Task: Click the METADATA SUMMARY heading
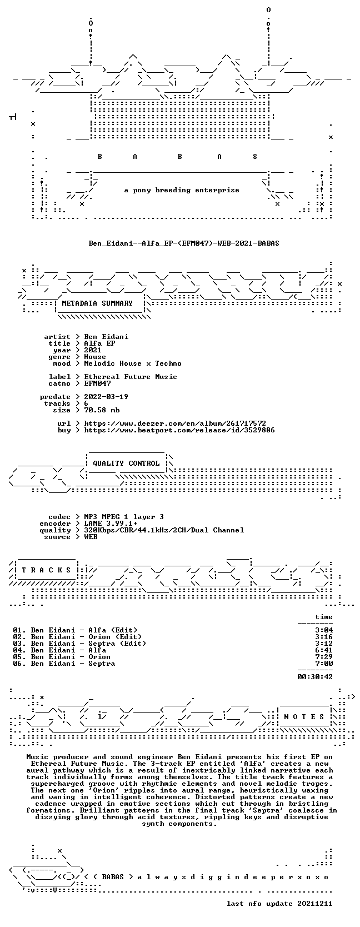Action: (97, 303)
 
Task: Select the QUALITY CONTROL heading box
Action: (126, 463)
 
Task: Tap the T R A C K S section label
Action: (46, 570)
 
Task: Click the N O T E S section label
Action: (304, 717)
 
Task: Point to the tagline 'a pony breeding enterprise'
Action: (182, 191)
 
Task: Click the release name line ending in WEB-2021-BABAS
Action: (184, 243)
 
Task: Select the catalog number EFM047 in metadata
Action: (97, 383)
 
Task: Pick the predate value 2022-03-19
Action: (106, 397)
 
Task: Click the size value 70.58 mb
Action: (102, 410)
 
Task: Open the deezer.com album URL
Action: (175, 423)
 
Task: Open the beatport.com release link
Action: (179, 430)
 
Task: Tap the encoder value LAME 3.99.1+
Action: (111, 524)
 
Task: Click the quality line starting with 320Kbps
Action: (164, 530)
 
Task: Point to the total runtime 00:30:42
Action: (315, 677)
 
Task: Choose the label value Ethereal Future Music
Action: (131, 377)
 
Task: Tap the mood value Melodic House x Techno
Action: (133, 364)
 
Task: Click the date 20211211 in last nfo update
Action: (315, 912)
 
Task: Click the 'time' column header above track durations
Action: (324, 617)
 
